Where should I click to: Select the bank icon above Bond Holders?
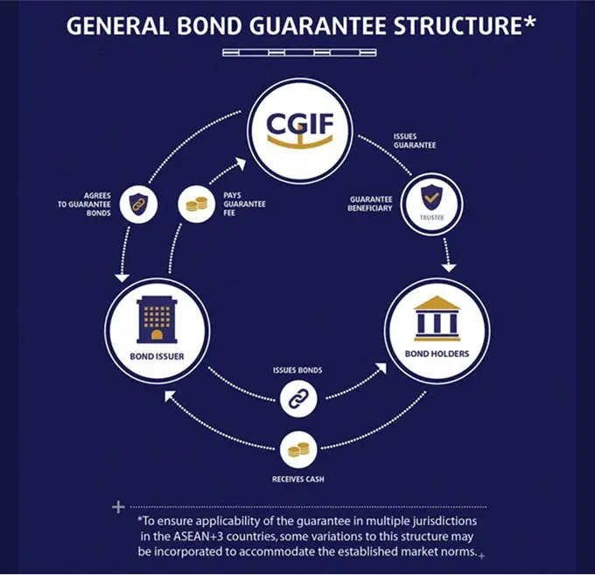[x=437, y=317]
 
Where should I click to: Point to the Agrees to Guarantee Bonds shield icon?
[x=136, y=204]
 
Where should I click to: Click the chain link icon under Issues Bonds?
[x=297, y=401]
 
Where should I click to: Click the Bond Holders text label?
[x=437, y=354]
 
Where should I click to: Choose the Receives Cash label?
[x=297, y=480]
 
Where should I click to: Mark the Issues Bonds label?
[x=297, y=370]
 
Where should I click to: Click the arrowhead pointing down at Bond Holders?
[x=450, y=265]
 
